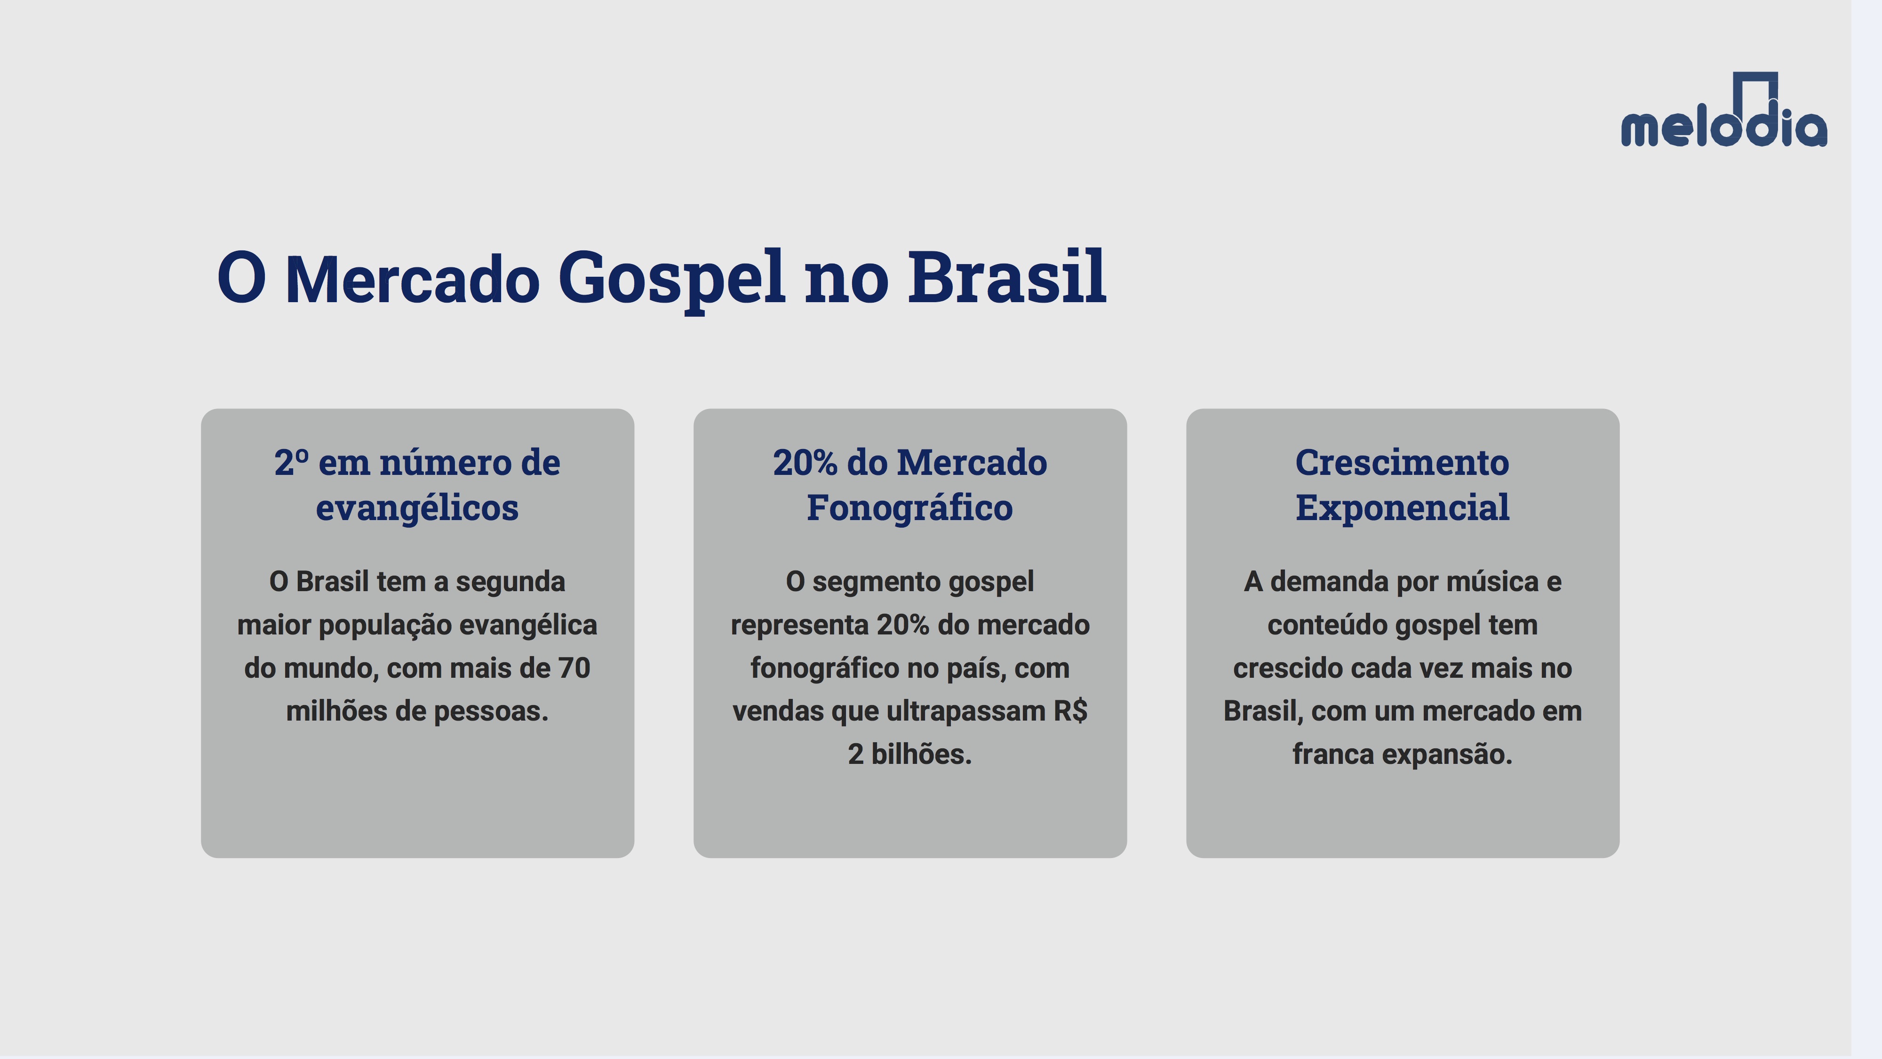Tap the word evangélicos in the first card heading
tap(417, 508)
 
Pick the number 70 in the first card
tap(574, 668)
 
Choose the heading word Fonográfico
tap(909, 508)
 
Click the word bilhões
tap(921, 754)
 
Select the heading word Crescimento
tap(1402, 463)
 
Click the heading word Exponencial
tap(1402, 508)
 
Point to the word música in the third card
tap(1492, 582)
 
